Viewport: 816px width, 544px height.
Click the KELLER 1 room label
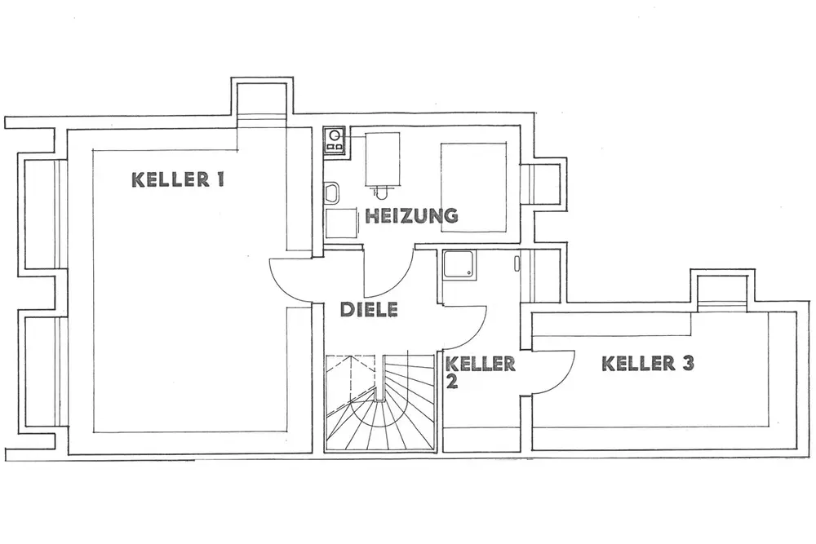click(x=177, y=180)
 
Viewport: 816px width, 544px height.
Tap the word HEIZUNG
click(x=410, y=216)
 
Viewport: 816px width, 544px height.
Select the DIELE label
click(x=368, y=310)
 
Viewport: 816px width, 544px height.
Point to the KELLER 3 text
click(x=649, y=364)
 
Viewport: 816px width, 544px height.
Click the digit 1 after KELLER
click(x=219, y=180)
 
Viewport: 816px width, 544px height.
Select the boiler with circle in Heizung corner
click(x=334, y=139)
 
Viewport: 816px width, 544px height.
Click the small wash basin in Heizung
click(x=331, y=193)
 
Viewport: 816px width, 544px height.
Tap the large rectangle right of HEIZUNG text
click(x=473, y=184)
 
